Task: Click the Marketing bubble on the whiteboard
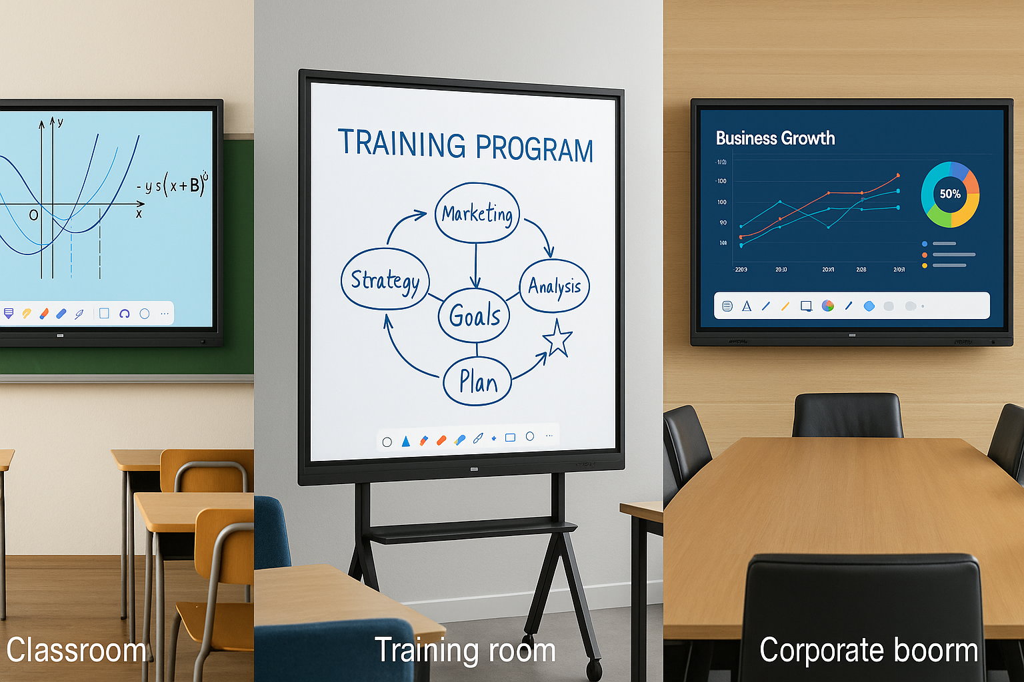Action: [477, 213]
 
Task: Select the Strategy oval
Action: [385, 280]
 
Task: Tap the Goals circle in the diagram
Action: [474, 316]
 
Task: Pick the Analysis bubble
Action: [554, 286]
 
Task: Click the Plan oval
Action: [477, 382]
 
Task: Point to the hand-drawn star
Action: [557, 338]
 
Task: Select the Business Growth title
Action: [775, 138]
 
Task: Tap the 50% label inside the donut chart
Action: [950, 194]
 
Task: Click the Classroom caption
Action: [76, 650]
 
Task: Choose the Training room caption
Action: [465, 650]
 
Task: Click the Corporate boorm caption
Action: [868, 650]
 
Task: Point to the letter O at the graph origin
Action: [33, 215]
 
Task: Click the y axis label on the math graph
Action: [60, 123]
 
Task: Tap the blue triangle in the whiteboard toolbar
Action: [405, 441]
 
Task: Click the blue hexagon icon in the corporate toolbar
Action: [869, 306]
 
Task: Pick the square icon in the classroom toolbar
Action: [104, 313]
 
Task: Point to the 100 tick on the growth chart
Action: [722, 202]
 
